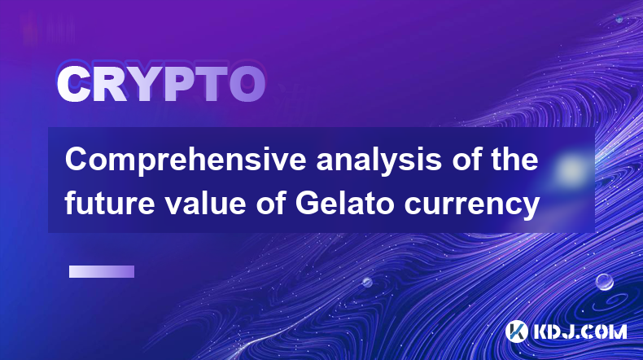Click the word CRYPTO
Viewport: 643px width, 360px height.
pos(161,85)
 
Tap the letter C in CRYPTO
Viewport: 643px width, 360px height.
pos(72,85)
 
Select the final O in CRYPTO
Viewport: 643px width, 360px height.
pos(247,85)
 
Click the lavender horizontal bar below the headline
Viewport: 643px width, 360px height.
pos(102,271)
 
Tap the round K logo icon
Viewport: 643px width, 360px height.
pos(517,331)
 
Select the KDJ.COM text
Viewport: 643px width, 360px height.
pos(580,331)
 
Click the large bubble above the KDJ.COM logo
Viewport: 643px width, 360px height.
pos(604,282)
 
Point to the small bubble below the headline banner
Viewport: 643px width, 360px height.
pos(367,282)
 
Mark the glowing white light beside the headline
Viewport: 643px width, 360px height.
pos(571,169)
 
